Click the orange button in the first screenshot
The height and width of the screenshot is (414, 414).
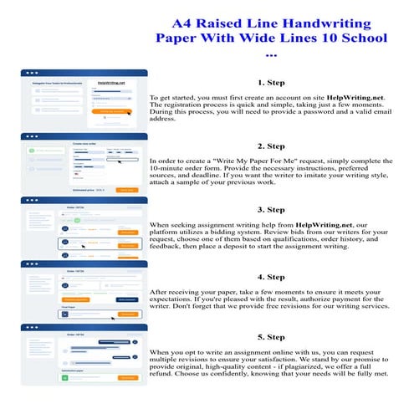(x=115, y=110)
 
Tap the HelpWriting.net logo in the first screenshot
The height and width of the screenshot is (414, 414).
(x=111, y=83)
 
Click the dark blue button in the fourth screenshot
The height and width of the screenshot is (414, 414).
(x=127, y=297)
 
